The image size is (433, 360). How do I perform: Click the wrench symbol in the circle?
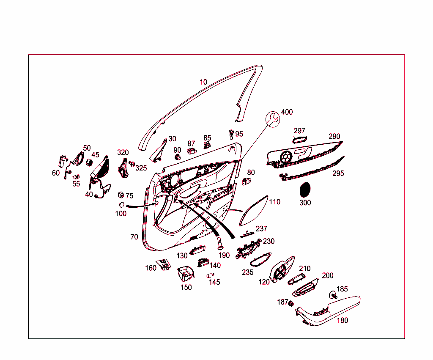[273, 119]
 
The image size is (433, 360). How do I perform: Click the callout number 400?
[287, 112]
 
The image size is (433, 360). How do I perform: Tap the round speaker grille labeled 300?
[305, 190]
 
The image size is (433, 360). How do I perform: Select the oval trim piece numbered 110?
[254, 211]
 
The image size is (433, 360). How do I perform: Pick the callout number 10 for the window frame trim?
[203, 82]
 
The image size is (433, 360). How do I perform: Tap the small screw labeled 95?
[231, 134]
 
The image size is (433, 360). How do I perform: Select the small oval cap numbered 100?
[121, 205]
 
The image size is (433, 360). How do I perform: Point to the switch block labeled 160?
[163, 264]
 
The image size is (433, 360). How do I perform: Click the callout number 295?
[338, 173]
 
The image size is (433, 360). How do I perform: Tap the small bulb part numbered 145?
[210, 275]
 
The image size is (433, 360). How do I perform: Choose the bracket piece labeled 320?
[123, 168]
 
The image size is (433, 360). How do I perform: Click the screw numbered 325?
[132, 164]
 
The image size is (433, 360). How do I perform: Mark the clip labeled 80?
[246, 181]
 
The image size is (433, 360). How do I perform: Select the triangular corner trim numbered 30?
[159, 151]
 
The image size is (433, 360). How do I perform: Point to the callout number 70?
[134, 237]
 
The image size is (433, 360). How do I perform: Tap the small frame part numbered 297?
[300, 140]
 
